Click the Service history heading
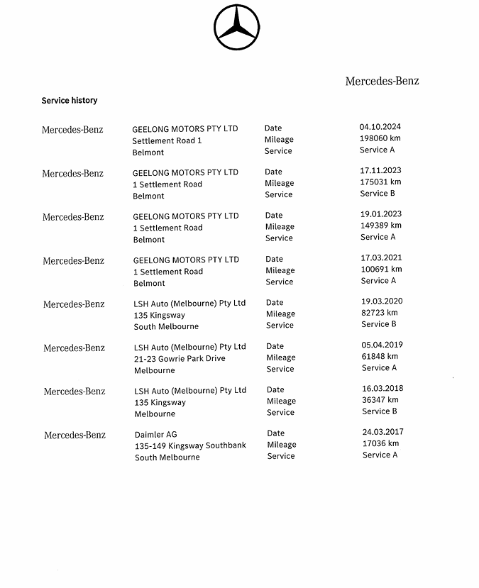70,101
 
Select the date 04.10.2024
380,127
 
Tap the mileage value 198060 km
380,138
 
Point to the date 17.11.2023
380,170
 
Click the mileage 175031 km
380,182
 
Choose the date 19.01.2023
381,214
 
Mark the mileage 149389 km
381,226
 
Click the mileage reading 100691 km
381,269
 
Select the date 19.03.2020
382,301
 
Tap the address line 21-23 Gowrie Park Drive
180,359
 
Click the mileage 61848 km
380,356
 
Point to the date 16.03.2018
382,389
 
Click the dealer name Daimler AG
155,434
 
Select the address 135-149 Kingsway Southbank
190,445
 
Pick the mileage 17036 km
380,443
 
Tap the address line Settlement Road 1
167,140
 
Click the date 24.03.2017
383,432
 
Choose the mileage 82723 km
380,313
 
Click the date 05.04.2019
382,345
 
